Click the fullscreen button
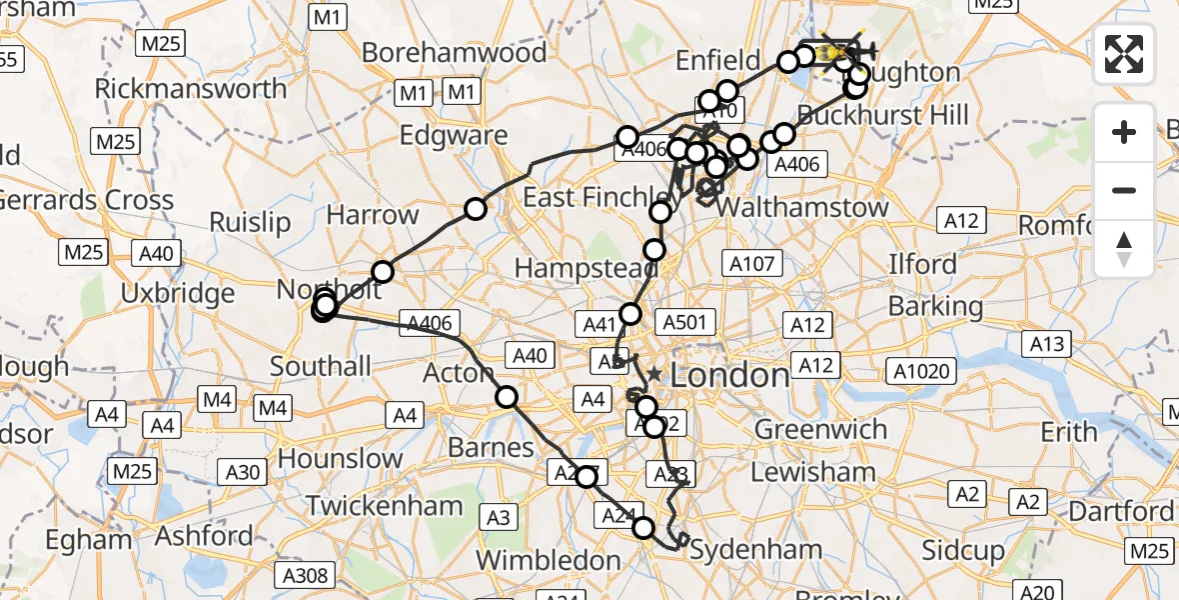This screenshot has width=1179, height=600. coord(1124,54)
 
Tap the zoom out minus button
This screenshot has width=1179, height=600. coord(1124,190)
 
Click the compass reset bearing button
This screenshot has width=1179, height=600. coord(1124,249)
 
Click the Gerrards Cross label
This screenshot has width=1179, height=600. coord(86,199)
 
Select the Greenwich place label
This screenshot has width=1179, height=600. coord(820,430)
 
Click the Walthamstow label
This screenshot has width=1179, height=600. coord(802,207)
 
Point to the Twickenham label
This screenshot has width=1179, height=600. coord(384,506)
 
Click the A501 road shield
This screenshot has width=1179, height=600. coord(684,322)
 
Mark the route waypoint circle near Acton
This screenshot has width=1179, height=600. coord(508,396)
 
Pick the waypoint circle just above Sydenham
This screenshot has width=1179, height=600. coord(643,527)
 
